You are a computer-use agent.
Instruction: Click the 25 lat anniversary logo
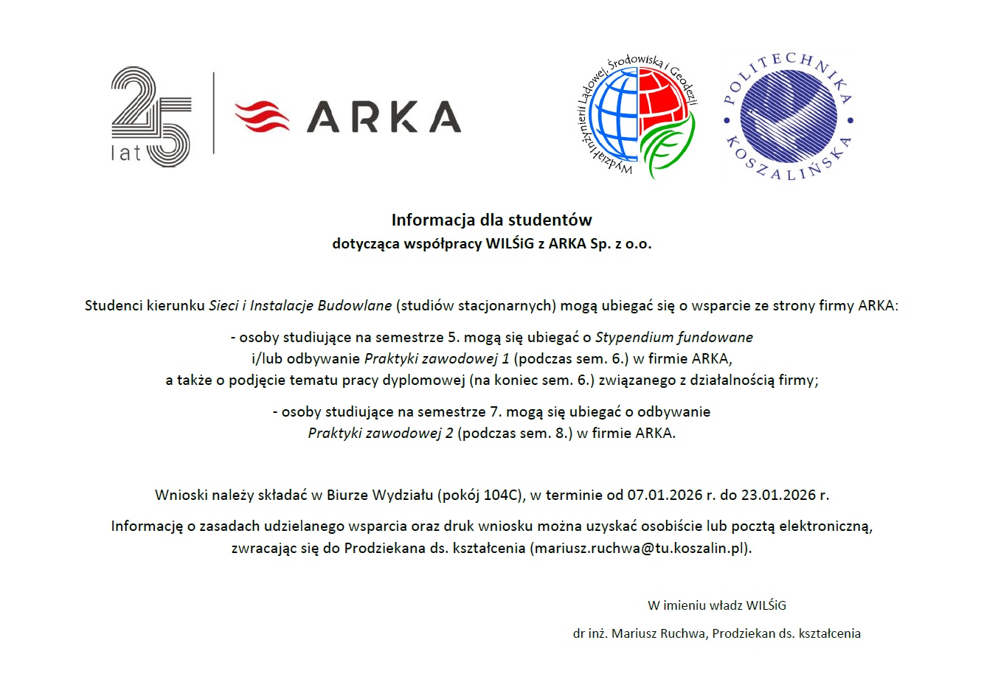151,116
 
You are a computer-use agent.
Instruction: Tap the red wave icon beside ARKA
262,117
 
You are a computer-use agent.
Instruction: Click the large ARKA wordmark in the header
384,117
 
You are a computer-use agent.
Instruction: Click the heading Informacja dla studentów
491,220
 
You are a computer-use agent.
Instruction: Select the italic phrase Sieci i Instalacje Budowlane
300,305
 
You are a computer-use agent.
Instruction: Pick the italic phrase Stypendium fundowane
674,337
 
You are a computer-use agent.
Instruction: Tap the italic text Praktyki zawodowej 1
437,359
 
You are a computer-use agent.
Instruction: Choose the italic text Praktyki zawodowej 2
381,433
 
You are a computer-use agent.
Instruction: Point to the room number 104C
502,495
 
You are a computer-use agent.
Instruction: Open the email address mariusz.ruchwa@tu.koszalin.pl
640,548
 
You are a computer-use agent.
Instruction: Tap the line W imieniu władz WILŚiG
717,605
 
